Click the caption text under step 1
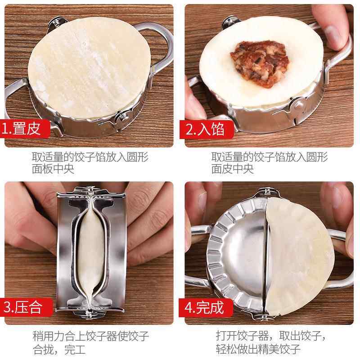tap(90, 163)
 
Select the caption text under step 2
tap(270, 163)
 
